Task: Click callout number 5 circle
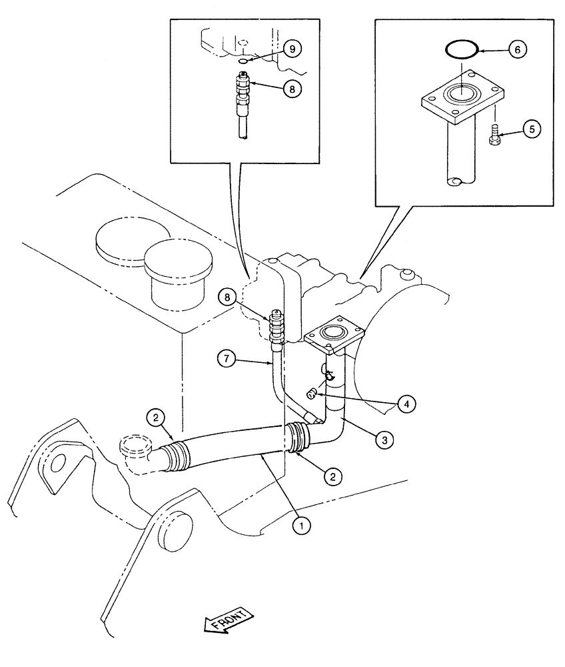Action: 531,129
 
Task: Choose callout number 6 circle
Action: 519,49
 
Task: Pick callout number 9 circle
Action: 292,48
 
